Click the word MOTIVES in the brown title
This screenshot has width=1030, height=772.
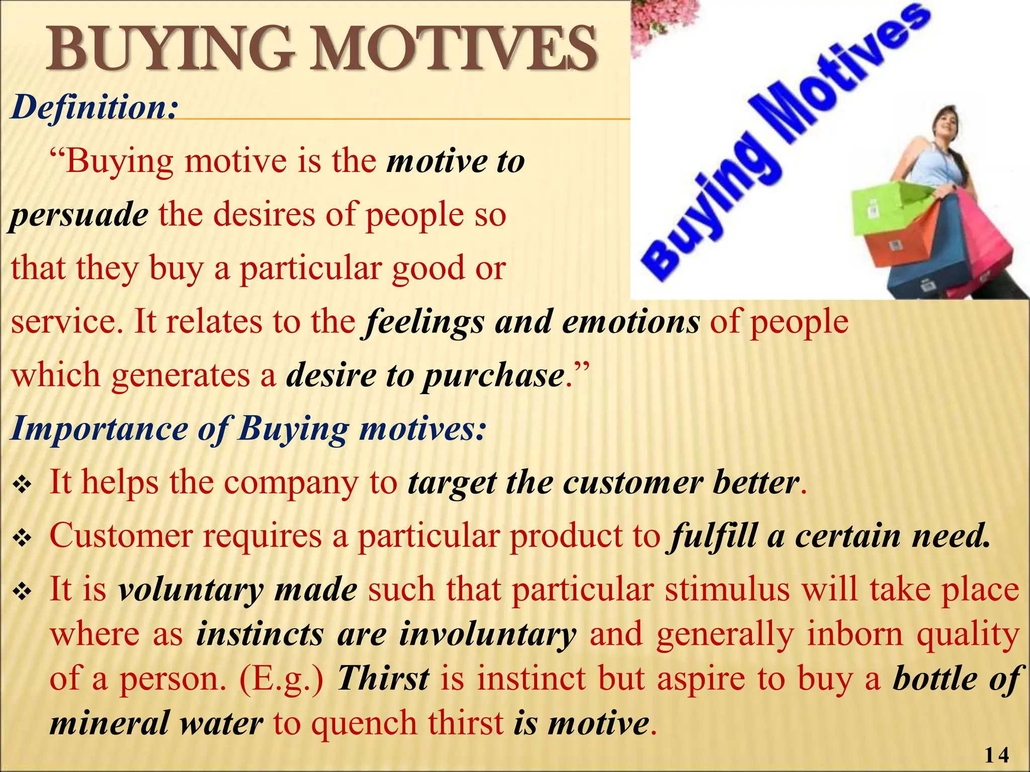tap(453, 49)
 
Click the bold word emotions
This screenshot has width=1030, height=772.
tap(631, 322)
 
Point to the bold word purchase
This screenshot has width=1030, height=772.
tap(493, 376)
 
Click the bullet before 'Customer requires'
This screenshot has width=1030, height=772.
tap(22, 539)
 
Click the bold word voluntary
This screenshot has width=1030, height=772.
tap(191, 590)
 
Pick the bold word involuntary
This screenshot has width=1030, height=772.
tap(487, 634)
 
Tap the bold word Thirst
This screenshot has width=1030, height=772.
tap(383, 679)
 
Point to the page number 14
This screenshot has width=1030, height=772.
tap(996, 755)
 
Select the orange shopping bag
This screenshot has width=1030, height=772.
tap(900, 241)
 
